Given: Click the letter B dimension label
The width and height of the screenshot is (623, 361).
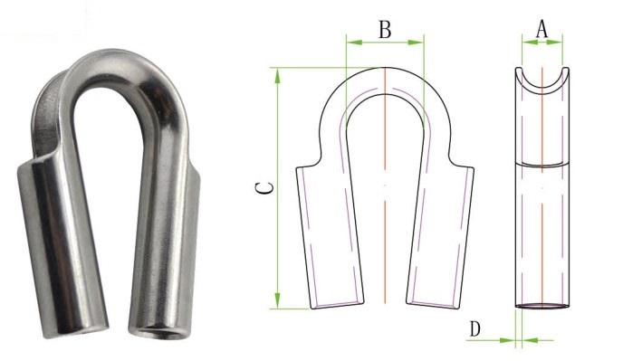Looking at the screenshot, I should [385, 29].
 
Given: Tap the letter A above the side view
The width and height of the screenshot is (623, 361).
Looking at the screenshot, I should [542, 29].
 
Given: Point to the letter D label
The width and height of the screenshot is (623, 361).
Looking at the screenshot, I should [474, 329].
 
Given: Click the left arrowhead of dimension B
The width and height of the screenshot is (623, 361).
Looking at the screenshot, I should [351, 42].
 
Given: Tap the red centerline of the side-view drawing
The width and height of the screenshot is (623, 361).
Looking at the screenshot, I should [542, 226].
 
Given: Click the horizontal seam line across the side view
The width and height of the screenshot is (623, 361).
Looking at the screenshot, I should [542, 164].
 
